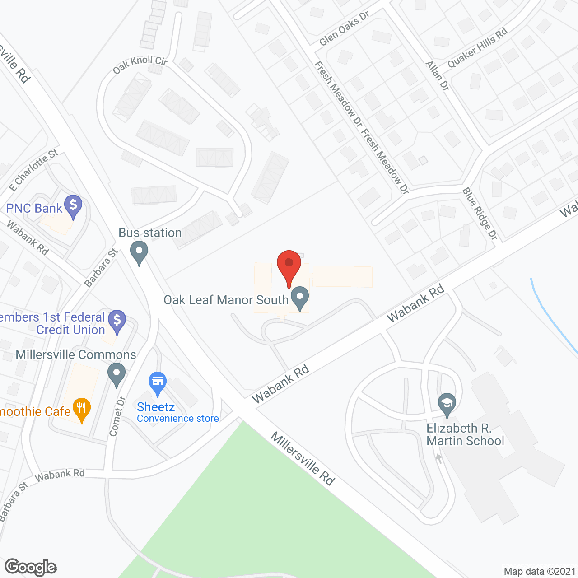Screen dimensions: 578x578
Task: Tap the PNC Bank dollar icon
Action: coord(73,206)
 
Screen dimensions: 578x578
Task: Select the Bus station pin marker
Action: coord(139,252)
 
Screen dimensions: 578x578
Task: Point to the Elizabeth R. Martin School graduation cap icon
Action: coord(447,404)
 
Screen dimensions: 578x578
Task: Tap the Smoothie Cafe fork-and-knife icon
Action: coord(82,409)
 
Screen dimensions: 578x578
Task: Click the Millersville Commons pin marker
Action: coord(117,374)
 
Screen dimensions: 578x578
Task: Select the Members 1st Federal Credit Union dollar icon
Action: coord(117,321)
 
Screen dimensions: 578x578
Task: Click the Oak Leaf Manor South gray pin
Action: coord(299,298)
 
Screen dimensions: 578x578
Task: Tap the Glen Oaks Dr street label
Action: coord(344,28)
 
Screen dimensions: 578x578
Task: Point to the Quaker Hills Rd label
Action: coord(477,47)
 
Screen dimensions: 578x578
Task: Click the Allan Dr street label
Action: coord(438,76)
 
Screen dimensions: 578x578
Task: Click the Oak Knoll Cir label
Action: coord(140,65)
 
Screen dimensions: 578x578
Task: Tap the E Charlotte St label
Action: coord(34,170)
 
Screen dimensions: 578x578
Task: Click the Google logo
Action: coord(31,567)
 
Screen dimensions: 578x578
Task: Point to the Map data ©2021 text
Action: coord(540,571)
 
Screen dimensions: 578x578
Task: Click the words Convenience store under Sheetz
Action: coord(178,419)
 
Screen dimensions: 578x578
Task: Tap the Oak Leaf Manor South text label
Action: coord(226,300)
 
